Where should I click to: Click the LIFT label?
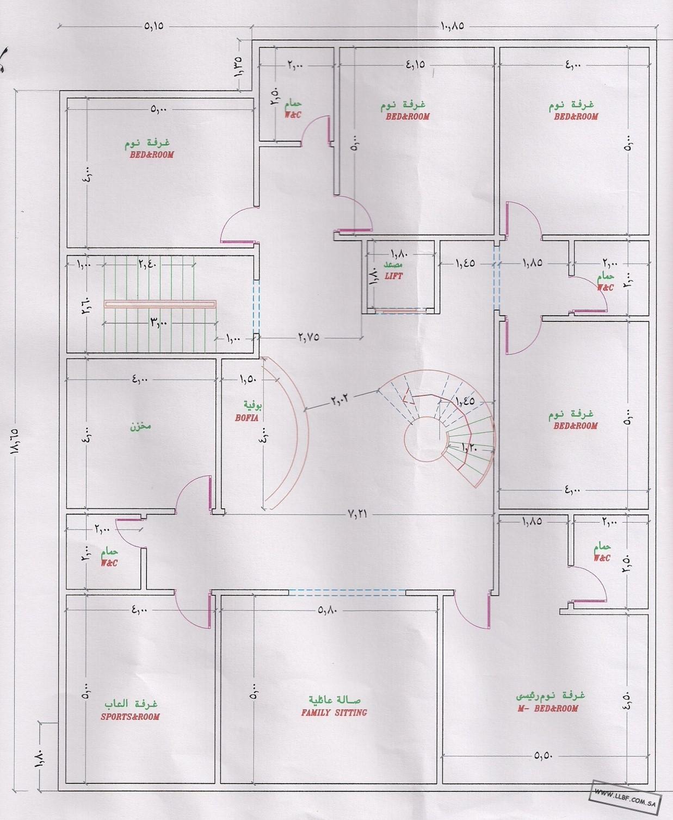[x=394, y=276]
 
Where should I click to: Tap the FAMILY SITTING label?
[x=334, y=713]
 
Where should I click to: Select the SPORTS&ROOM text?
[x=131, y=717]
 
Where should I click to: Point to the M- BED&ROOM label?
[x=548, y=709]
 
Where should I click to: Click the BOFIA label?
[x=246, y=418]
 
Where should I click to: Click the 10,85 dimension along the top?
[x=453, y=26]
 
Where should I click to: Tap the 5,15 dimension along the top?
[x=153, y=26]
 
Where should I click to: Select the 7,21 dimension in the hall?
[x=357, y=514]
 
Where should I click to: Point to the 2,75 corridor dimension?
[x=309, y=338]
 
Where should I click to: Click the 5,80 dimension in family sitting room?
[x=327, y=610]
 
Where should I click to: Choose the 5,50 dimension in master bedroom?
[x=543, y=756]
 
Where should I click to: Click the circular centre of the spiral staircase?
[x=423, y=439]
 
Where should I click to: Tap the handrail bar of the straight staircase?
[x=160, y=304]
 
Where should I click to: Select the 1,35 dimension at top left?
[x=238, y=67]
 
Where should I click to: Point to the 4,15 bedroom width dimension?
[x=415, y=64]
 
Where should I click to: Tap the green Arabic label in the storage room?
[x=140, y=426]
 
